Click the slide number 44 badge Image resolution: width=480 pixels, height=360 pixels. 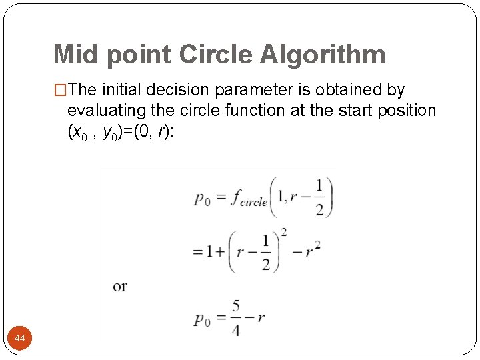pyautogui.click(x=20, y=339)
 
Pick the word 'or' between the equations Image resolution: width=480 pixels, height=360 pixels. pyautogui.click(x=120, y=287)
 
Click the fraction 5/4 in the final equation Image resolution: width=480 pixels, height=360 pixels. pyautogui.click(x=236, y=319)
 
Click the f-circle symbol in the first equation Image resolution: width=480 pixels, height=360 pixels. pyautogui.click(x=249, y=199)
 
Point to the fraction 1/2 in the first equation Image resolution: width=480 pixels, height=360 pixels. pyautogui.click(x=319, y=197)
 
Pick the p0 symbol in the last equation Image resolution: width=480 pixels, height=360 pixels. pyautogui.click(x=202, y=319)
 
